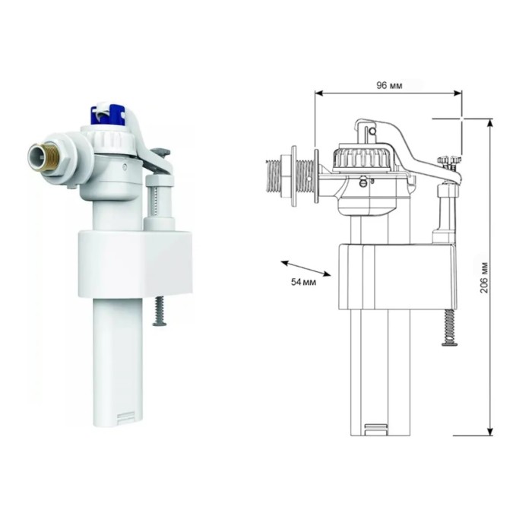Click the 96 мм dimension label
click(x=389, y=85)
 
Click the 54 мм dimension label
click(x=304, y=282)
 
